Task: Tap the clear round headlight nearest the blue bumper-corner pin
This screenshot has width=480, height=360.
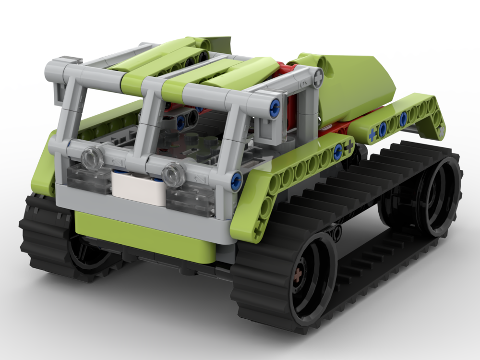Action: [174, 174]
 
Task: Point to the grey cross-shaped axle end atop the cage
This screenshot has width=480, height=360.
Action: [318, 76]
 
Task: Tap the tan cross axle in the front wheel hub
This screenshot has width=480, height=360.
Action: [298, 278]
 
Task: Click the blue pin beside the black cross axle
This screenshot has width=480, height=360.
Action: [338, 150]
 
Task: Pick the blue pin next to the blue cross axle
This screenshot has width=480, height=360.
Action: [383, 129]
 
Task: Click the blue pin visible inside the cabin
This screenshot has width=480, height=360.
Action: [181, 123]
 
